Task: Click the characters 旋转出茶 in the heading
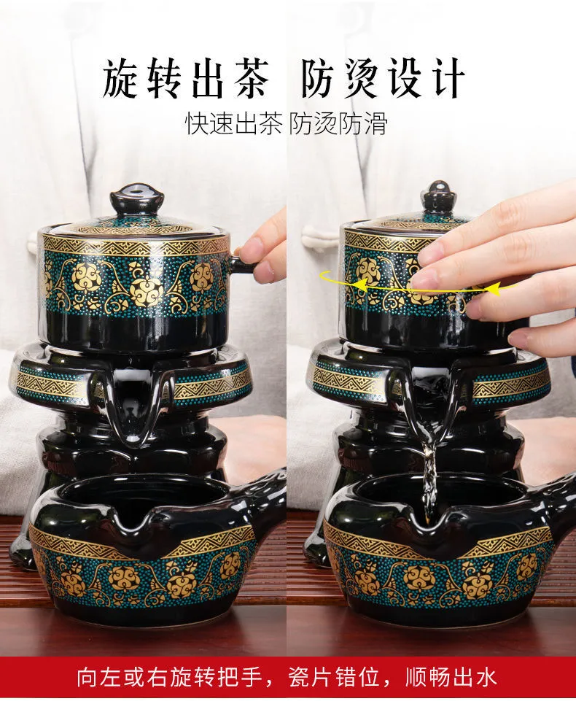click(186, 81)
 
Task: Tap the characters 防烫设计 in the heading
click(383, 81)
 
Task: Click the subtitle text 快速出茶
click(233, 123)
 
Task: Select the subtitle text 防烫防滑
click(338, 123)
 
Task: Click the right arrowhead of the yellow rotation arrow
click(494, 289)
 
